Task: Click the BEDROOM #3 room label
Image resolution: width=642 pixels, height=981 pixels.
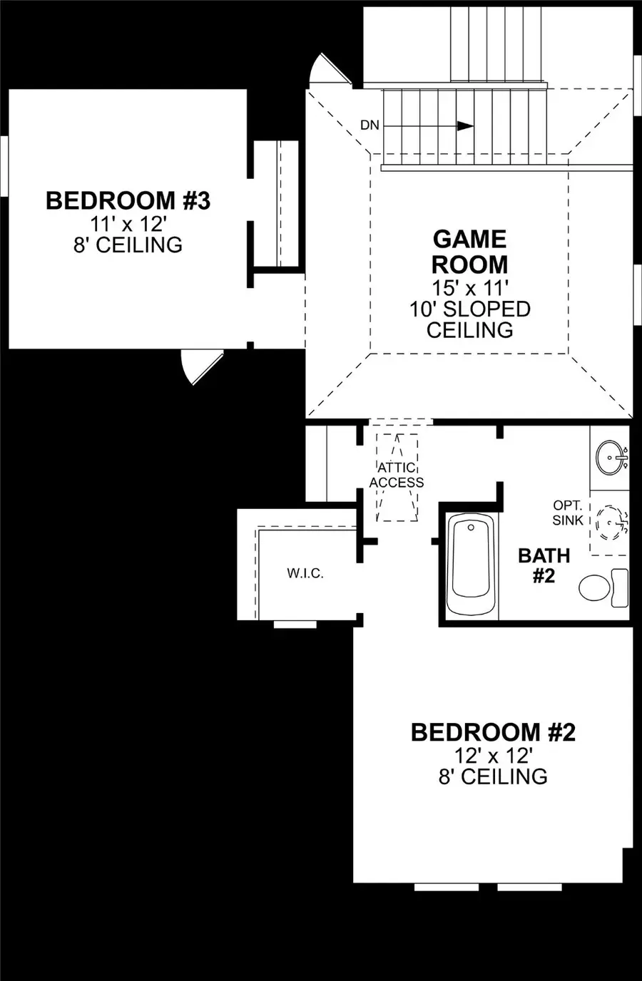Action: [128, 200]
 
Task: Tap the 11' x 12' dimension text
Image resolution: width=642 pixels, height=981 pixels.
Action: [128, 225]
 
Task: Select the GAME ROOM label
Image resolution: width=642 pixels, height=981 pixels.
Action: [470, 252]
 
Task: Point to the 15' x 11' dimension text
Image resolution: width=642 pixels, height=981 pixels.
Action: [470, 288]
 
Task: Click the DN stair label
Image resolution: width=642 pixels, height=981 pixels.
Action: [370, 125]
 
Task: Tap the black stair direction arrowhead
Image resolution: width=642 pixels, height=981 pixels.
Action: [465, 126]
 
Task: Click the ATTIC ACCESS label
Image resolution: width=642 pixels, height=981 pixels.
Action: [396, 475]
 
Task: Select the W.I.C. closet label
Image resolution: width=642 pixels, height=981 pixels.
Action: [305, 573]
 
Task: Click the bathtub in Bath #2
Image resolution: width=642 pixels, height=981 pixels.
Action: [471, 565]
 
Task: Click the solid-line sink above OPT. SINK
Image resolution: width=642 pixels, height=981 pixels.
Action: [612, 458]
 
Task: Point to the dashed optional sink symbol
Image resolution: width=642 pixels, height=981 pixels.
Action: [612, 523]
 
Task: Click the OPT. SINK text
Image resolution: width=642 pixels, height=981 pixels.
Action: [568, 513]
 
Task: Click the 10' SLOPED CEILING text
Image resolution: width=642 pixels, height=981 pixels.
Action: [470, 319]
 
